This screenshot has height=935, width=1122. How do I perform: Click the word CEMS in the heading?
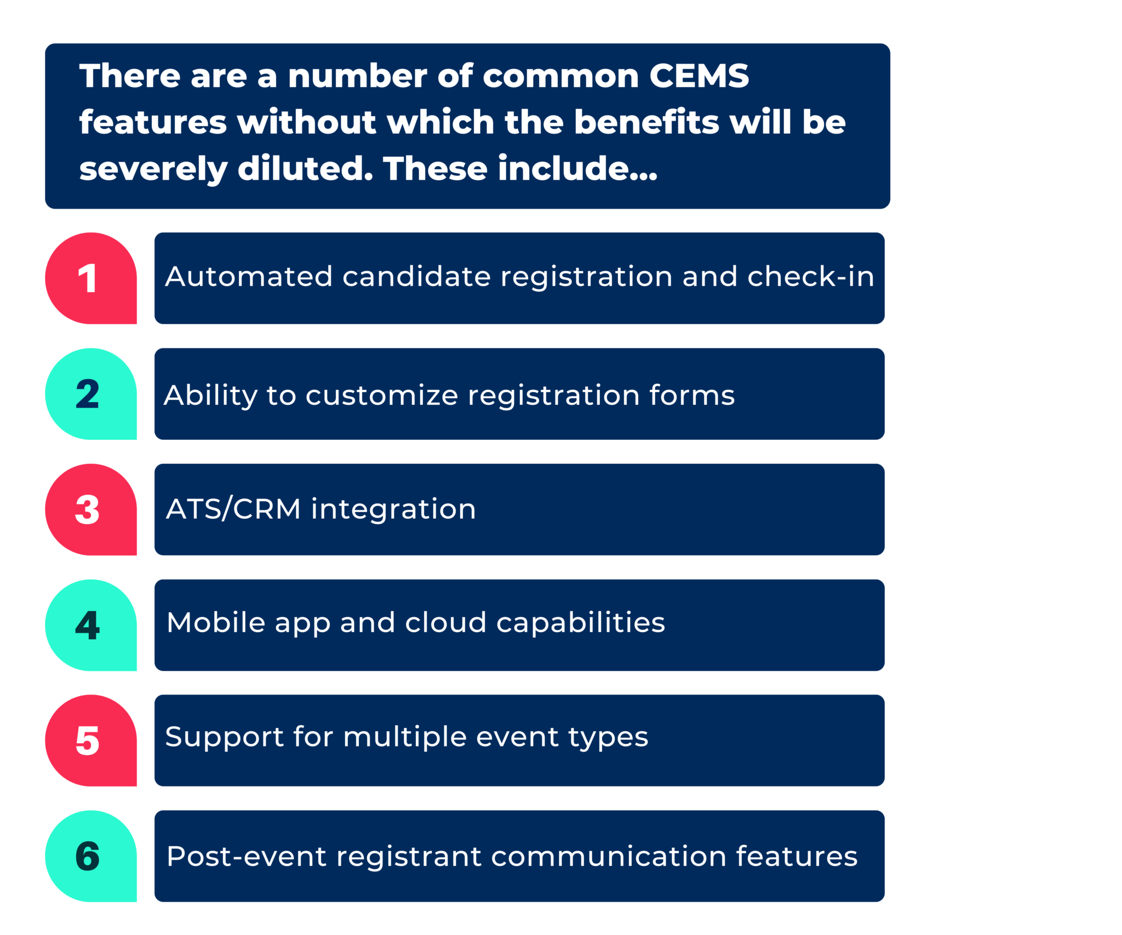click(699, 76)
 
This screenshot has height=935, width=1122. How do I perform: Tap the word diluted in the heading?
click(305, 168)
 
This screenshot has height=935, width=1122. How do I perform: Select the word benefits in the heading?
click(646, 122)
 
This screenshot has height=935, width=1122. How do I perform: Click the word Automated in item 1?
click(249, 276)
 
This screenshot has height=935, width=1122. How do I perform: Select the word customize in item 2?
click(381, 395)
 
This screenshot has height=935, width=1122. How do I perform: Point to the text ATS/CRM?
click(233, 509)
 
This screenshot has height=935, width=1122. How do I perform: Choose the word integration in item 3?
click(393, 509)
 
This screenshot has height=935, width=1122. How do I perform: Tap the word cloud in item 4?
click(445, 623)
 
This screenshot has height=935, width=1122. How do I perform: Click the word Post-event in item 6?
click(246, 857)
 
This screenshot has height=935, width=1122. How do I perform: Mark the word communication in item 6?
click(608, 857)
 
